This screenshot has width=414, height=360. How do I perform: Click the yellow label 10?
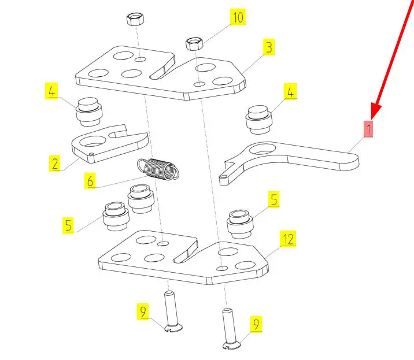click(238, 17)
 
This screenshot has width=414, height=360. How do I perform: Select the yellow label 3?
click(268, 47)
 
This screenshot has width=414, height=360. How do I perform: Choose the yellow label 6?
click(90, 181)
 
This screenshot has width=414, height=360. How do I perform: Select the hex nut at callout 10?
click(193, 43)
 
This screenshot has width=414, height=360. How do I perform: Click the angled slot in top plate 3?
click(162, 70)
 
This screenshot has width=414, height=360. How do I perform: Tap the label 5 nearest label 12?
click(274, 201)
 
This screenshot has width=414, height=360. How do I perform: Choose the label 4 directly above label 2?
click(52, 91)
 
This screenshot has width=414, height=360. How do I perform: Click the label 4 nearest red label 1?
click(290, 91)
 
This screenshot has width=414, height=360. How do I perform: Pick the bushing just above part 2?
click(89, 112)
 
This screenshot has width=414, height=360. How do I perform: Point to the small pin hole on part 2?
click(92, 154)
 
